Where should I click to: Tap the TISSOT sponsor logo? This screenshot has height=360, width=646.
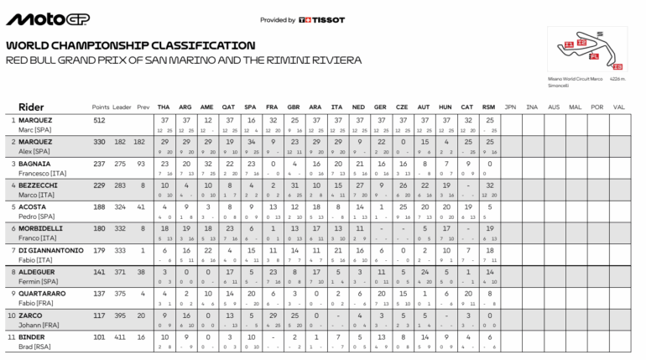coord(322,19)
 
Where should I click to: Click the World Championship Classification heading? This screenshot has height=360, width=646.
coord(130,45)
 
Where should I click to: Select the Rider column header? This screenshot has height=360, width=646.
coord(31,107)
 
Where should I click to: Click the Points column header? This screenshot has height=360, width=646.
coord(101,107)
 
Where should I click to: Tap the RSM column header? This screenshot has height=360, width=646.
coord(489,107)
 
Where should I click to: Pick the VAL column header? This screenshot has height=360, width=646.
coord(619,107)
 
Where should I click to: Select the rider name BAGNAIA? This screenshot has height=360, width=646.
coord(36,164)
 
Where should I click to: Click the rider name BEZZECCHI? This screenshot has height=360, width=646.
coord(39,185)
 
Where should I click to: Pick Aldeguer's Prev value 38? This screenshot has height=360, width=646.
coord(143,271)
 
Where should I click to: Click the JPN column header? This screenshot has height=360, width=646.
coord(510,107)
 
